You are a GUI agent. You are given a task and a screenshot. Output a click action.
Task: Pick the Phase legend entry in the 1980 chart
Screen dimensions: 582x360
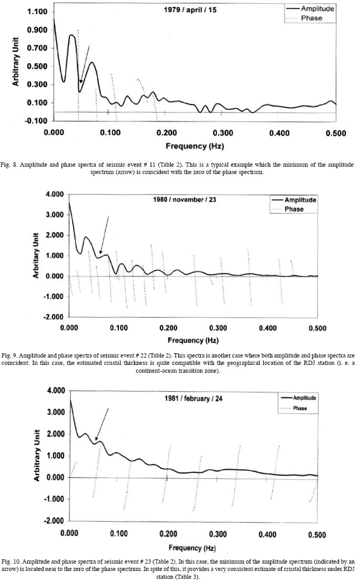coord(294,209)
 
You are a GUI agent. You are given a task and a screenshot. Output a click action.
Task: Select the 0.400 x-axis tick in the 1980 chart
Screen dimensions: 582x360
coord(266,328)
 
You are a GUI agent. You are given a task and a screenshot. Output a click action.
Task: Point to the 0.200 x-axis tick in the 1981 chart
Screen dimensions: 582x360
coord(167,534)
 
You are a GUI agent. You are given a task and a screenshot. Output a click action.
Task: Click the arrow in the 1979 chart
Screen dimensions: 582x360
coord(85,64)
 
